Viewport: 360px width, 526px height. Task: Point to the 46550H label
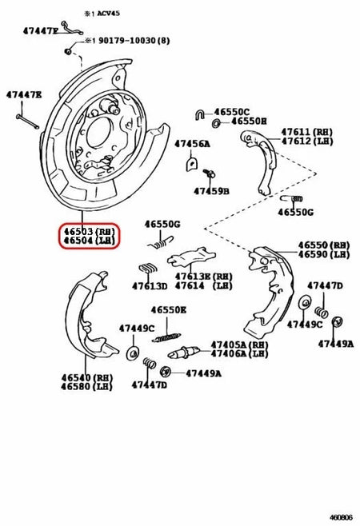tap(249, 122)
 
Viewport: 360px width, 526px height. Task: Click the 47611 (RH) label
tap(300, 130)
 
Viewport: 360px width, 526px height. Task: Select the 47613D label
tap(150, 285)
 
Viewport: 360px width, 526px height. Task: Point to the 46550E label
tap(169, 309)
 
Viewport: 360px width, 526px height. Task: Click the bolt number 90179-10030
tap(125, 40)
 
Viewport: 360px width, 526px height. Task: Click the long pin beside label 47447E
tap(26, 120)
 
